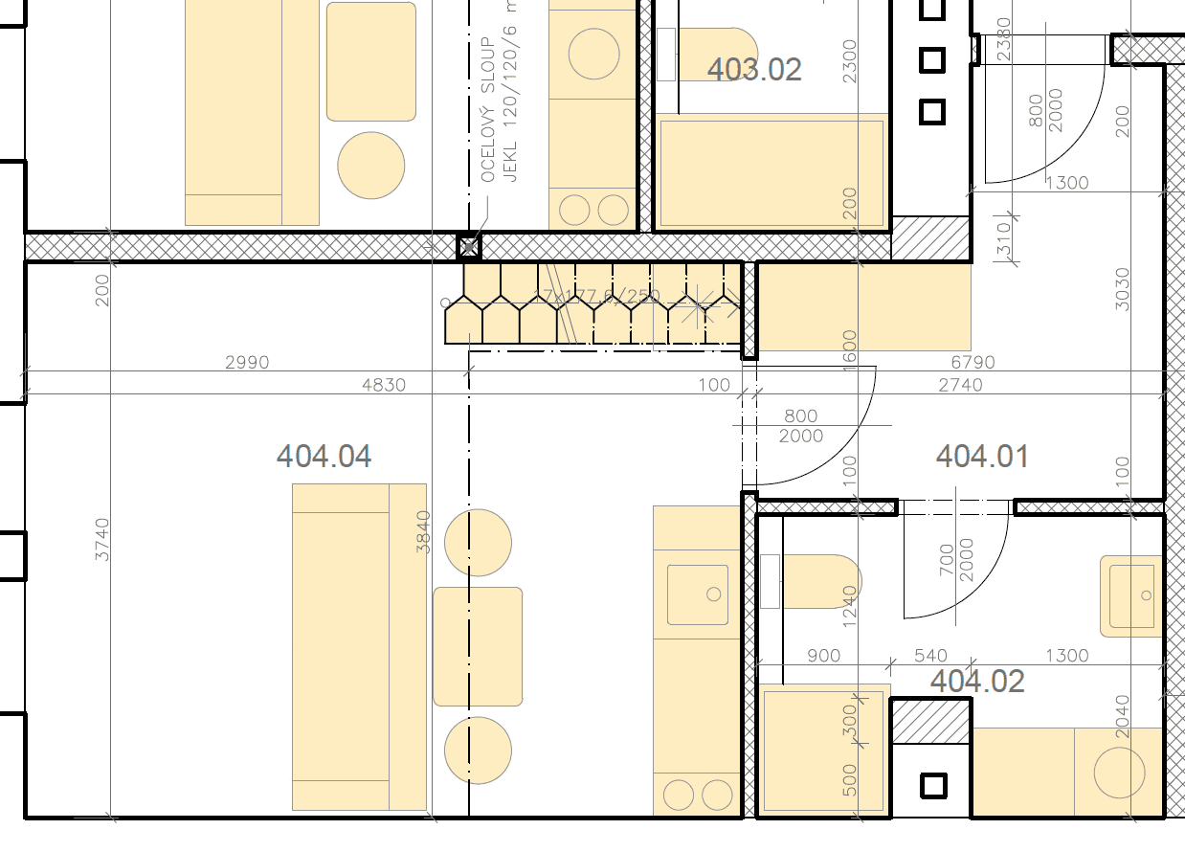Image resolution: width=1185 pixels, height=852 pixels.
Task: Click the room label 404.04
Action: [x=324, y=456]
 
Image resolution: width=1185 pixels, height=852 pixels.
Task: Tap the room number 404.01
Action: [x=982, y=456]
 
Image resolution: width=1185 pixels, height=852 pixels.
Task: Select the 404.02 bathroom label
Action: [x=977, y=682]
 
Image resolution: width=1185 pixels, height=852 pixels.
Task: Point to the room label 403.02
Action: [x=754, y=69]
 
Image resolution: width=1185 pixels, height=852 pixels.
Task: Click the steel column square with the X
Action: [x=468, y=247]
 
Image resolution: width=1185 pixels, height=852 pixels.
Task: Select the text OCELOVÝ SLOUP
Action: [x=488, y=110]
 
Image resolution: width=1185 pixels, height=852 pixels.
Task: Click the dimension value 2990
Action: [x=247, y=363]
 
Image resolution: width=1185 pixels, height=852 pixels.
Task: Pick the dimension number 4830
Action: [x=384, y=385]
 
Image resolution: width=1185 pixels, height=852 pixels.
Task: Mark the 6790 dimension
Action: [x=973, y=363]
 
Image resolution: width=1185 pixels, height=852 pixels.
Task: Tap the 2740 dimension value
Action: [x=960, y=385]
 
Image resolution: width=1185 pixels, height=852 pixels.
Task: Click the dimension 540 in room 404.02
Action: [x=930, y=656]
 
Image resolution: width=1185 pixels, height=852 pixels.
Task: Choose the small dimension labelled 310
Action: [x=1003, y=239]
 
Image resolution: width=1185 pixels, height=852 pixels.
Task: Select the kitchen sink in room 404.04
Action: [x=697, y=594]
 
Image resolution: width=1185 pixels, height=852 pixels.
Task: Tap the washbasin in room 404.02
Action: [x=1131, y=595]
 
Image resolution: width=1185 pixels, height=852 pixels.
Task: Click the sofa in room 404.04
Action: [x=359, y=646]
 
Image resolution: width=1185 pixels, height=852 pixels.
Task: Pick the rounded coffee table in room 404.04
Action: [x=478, y=646]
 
